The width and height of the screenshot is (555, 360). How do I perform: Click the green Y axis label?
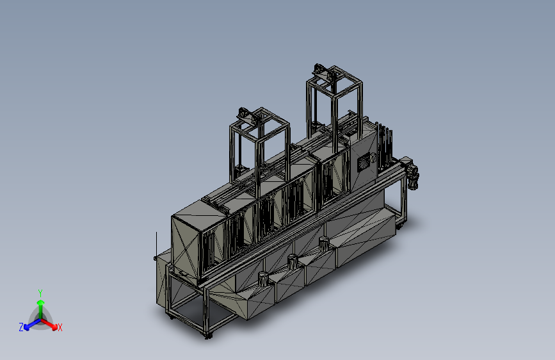click(x=40, y=293)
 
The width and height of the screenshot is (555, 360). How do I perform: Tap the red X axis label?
click(x=60, y=327)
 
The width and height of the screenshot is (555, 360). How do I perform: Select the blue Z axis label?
click(x=21, y=327)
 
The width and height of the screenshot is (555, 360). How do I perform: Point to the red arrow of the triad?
click(x=49, y=324)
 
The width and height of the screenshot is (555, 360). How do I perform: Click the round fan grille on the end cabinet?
click(x=364, y=164)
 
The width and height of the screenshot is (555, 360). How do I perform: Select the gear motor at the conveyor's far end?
click(x=412, y=174)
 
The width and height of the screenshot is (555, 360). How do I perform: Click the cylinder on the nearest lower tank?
click(x=263, y=278)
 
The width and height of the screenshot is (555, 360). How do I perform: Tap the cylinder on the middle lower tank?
click(x=293, y=261)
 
